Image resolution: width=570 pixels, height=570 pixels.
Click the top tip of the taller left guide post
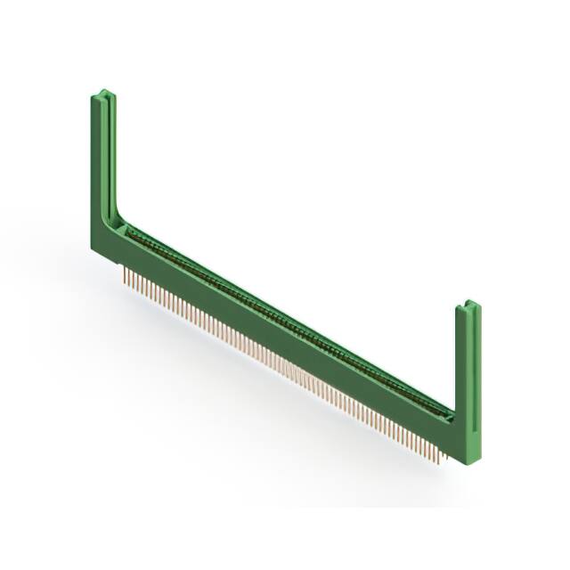pyautogui.click(x=102, y=91)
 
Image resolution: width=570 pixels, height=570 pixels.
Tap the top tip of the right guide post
pyautogui.click(x=468, y=305)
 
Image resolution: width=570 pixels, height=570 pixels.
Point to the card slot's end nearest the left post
pyautogui.click(x=130, y=230)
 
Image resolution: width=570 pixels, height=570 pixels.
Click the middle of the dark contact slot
pyautogui.click(x=285, y=320)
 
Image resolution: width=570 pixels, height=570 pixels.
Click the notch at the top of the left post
pyautogui.click(x=103, y=94)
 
